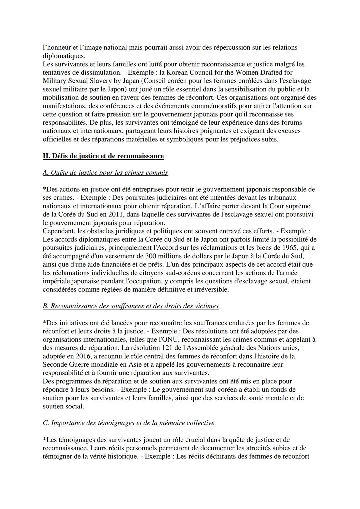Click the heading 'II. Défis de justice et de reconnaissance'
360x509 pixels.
[x=103, y=156]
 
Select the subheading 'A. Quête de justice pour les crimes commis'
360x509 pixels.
[x=105, y=173]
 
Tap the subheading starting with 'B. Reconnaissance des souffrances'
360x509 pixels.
[x=131, y=306]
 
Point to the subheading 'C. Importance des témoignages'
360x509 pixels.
[x=128, y=423]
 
